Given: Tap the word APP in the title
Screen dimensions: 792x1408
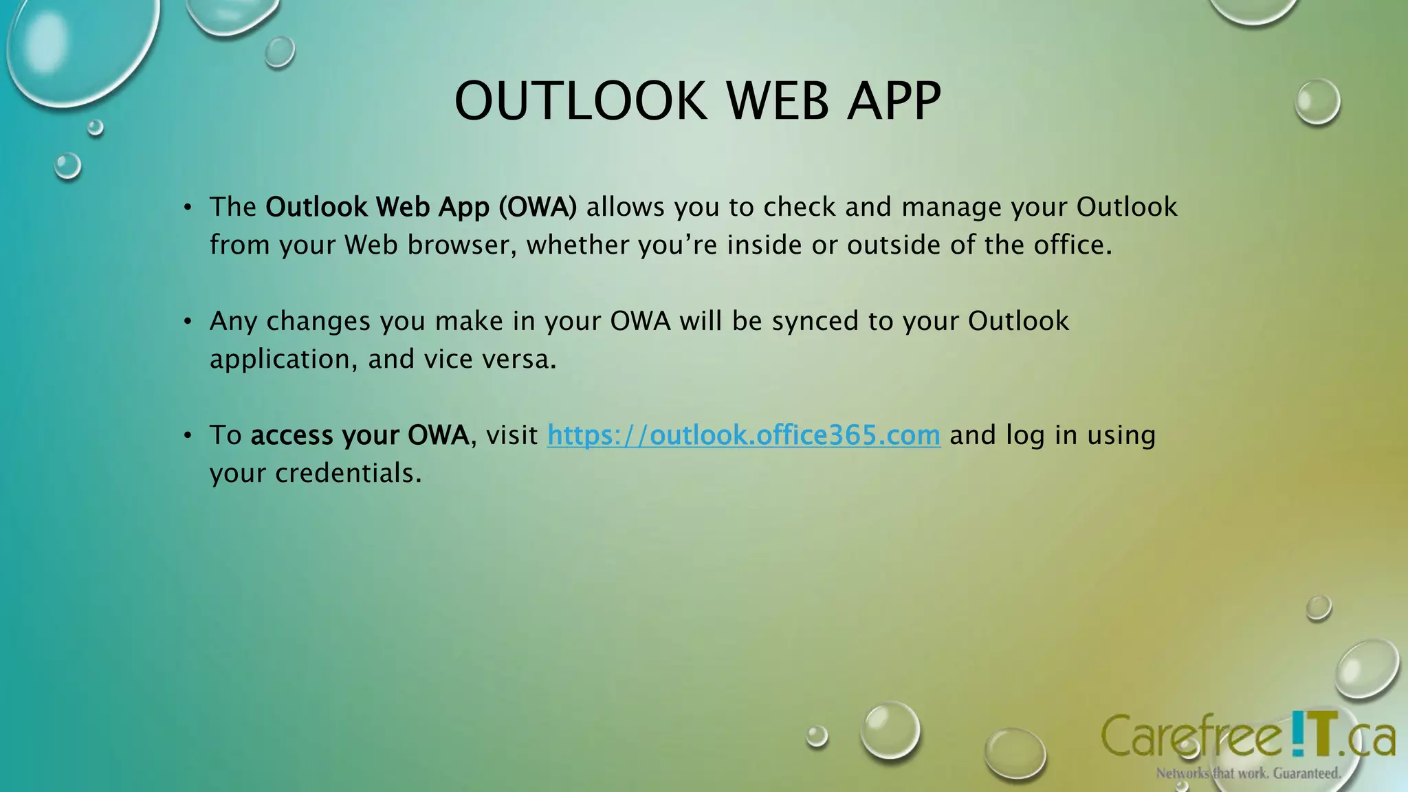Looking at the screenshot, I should (894, 101).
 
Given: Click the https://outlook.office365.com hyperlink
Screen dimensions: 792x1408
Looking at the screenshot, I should (743, 435).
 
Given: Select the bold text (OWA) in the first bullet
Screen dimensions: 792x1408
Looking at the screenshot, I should (538, 207).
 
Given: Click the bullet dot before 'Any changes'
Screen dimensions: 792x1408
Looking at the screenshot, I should (188, 321).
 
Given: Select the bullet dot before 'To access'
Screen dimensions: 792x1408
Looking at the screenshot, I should (188, 435).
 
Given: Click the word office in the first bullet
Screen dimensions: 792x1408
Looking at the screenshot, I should (1072, 245).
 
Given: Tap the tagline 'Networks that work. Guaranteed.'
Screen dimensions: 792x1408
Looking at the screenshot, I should (1248, 773).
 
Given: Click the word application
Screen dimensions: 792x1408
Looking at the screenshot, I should (283, 360).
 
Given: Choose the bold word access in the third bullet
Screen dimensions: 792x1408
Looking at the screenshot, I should (291, 435).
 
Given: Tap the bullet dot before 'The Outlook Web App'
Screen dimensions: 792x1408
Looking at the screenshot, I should (188, 207).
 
